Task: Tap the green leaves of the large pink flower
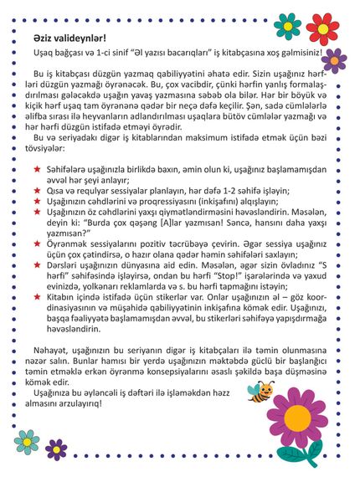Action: pos(303,455)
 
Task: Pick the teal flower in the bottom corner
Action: pos(26,441)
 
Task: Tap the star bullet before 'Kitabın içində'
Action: pos(37,316)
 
